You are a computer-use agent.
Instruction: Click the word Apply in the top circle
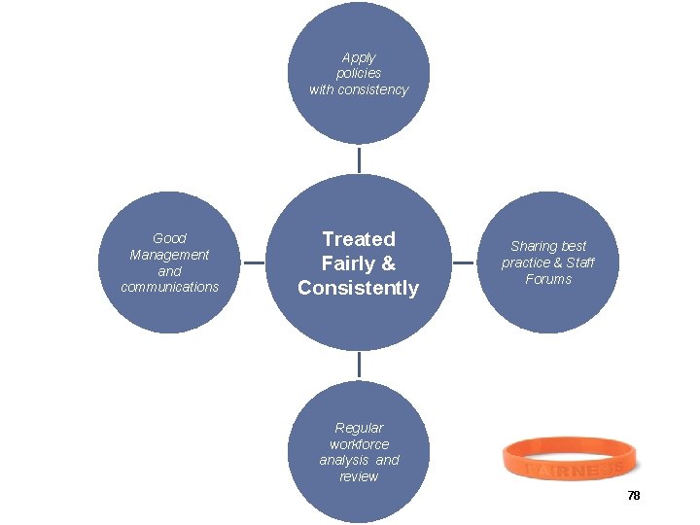359,57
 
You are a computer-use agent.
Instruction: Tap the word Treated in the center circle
359,239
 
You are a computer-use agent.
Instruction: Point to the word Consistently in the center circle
359,288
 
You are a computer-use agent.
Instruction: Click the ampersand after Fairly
389,263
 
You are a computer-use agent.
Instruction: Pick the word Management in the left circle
169,255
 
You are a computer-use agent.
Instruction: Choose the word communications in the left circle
170,287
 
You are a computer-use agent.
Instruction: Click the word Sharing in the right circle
533,246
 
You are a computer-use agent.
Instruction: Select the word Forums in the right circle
548,279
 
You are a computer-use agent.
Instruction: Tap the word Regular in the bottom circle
359,428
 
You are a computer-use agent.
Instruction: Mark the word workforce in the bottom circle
359,444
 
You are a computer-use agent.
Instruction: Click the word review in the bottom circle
359,476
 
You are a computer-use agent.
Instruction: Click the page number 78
634,496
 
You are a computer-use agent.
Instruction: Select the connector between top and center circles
359,159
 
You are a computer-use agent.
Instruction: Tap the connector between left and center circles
253,262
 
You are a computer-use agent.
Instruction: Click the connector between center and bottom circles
359,365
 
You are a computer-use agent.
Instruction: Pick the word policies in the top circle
359,74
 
